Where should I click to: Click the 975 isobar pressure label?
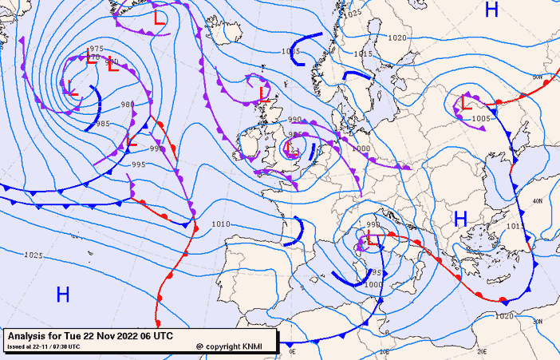(x=97, y=49)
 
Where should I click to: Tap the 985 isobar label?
(x=103, y=124)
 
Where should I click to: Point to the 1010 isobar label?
(x=221, y=224)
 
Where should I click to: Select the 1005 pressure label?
(x=481, y=118)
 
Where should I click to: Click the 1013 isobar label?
(x=516, y=227)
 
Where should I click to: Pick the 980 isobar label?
(x=128, y=105)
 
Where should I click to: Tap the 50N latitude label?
(x=538, y=77)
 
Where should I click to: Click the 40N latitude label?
(x=538, y=201)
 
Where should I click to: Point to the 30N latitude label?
(x=538, y=321)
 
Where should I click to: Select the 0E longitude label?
(x=292, y=351)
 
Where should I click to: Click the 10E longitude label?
(x=384, y=351)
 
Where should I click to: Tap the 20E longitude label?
(x=481, y=351)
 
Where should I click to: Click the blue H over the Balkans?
(x=460, y=218)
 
